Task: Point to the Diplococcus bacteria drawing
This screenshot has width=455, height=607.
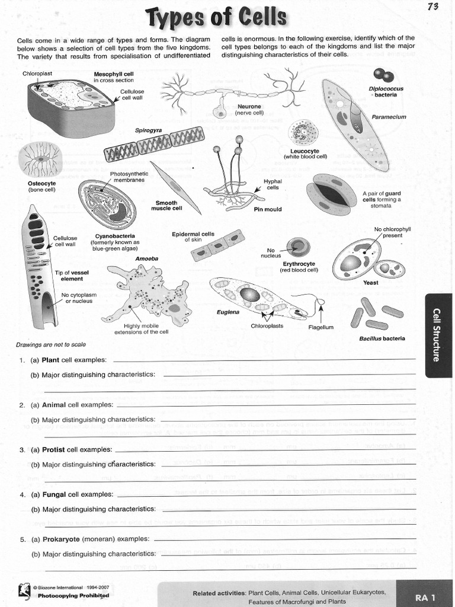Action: point(383,75)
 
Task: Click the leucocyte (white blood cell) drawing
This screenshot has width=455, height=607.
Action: point(303,132)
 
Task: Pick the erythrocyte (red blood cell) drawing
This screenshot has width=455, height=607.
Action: point(297,247)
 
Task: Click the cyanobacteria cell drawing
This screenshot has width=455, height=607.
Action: point(107,204)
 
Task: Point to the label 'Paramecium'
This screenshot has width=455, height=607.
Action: point(389,117)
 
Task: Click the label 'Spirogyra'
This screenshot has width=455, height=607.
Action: point(148,130)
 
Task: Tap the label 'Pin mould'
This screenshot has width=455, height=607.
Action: point(267,209)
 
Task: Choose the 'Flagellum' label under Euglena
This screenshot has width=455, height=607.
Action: point(321,327)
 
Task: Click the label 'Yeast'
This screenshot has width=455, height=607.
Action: point(371,283)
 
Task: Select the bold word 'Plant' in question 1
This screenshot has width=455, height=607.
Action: point(50,360)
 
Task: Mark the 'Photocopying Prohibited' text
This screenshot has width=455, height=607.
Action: point(73,595)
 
